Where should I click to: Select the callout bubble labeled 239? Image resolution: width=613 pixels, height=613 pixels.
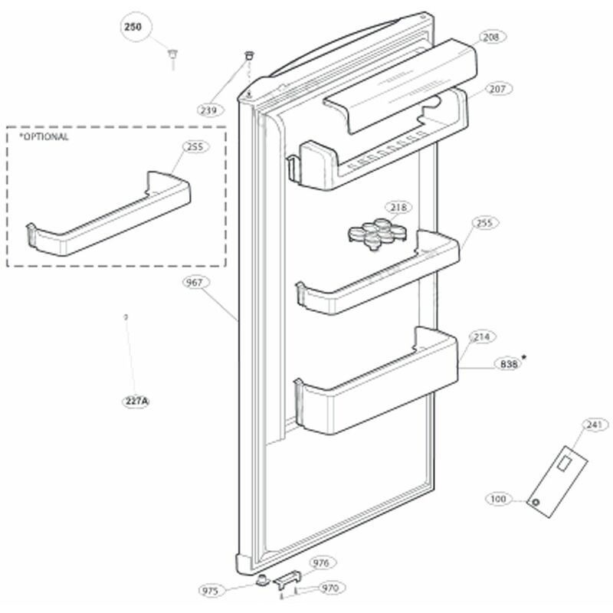tap(207, 110)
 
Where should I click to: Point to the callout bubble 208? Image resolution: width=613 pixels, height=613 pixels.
tap(491, 36)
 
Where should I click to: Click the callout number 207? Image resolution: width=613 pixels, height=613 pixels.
tap(497, 89)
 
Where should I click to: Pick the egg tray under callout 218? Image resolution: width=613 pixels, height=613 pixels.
tap(372, 233)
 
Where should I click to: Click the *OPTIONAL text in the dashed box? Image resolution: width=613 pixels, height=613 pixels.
tap(44, 136)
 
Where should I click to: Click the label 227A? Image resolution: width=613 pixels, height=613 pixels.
tap(135, 401)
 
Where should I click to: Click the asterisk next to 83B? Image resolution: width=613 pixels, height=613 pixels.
tap(525, 357)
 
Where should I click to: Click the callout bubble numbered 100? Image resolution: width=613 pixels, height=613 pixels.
tap(498, 500)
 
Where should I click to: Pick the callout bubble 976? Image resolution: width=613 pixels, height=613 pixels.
tap(321, 564)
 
